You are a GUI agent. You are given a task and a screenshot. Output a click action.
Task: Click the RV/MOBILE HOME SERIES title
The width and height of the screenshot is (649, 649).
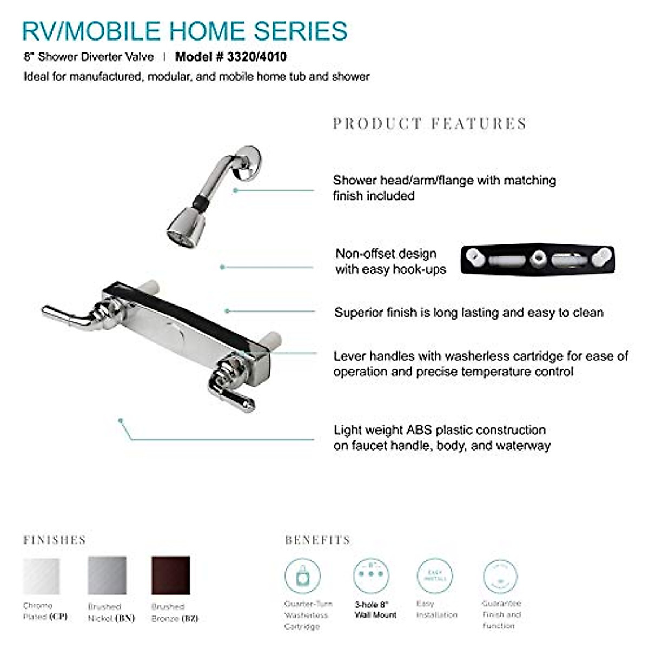[184, 31]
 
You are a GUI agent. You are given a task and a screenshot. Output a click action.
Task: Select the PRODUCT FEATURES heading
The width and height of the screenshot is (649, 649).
[429, 124]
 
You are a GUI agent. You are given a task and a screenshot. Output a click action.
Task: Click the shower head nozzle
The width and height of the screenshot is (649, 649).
[185, 230]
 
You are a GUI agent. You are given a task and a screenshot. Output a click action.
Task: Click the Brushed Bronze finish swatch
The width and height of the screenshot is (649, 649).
[171, 575]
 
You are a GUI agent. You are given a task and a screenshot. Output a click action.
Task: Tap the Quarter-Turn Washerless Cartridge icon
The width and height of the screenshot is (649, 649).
[302, 577]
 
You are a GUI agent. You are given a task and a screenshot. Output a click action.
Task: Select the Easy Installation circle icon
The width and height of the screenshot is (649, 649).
[435, 577]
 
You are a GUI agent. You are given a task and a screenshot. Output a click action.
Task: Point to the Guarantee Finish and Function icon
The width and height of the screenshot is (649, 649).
[500, 577]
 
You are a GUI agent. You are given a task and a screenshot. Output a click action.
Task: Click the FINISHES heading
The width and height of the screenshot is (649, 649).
[55, 540]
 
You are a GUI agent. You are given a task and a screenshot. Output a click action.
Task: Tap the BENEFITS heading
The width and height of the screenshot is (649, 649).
[317, 540]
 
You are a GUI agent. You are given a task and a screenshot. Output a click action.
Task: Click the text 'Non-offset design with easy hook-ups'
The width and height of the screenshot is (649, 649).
[390, 261]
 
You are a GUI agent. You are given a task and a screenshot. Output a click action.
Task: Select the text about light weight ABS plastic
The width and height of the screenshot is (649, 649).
[441, 438]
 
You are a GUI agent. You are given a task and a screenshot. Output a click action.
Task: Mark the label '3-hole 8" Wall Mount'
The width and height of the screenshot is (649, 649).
[375, 610]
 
